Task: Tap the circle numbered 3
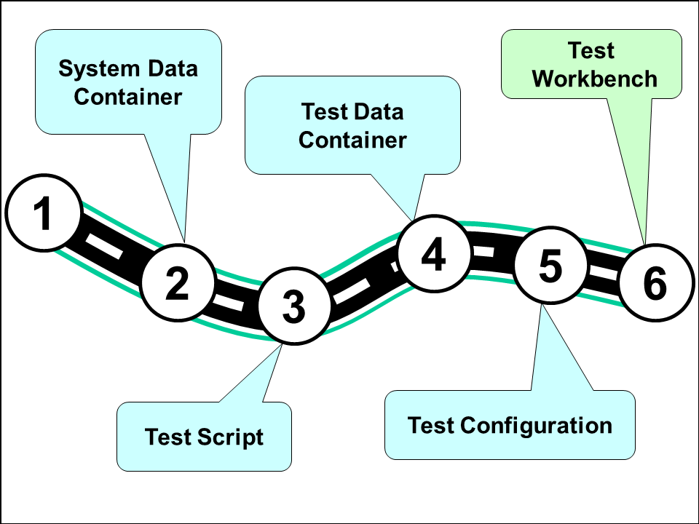point(294,306)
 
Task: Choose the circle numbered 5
point(550,266)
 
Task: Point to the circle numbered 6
point(655,282)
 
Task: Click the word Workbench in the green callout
point(595,79)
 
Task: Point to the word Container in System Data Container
point(128,96)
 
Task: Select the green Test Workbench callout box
point(591,64)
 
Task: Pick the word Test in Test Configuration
point(433,425)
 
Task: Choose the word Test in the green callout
point(591,51)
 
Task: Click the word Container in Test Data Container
point(352,140)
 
